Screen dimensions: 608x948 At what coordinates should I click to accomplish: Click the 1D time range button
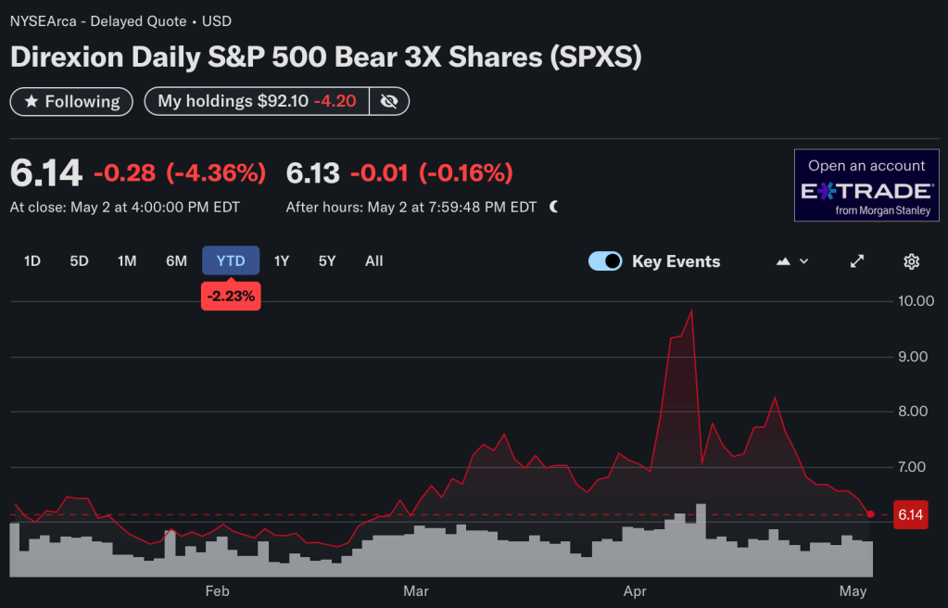pyautogui.click(x=32, y=261)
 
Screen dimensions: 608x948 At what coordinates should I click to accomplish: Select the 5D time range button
pyautogui.click(x=79, y=261)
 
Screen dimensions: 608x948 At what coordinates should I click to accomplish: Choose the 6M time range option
pyautogui.click(x=176, y=261)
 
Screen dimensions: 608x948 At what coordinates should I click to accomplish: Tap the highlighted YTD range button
pyautogui.click(x=231, y=261)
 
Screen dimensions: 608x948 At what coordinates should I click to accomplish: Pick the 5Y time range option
pyautogui.click(x=327, y=261)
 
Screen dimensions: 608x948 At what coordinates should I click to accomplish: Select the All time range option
pyautogui.click(x=373, y=261)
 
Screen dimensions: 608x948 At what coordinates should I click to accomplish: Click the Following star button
pyautogui.click(x=71, y=101)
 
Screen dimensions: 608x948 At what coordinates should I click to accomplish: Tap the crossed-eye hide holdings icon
pyautogui.click(x=389, y=101)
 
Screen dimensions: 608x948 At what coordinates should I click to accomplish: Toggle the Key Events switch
pyautogui.click(x=605, y=261)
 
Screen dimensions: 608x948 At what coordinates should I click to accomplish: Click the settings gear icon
pyautogui.click(x=911, y=261)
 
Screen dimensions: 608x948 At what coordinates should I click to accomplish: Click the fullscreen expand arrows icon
pyautogui.click(x=857, y=261)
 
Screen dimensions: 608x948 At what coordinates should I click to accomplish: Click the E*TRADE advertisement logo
pyautogui.click(x=866, y=191)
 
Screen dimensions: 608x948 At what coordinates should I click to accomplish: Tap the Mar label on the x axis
pyautogui.click(x=416, y=591)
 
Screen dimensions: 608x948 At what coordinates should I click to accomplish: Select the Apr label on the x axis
pyautogui.click(x=635, y=591)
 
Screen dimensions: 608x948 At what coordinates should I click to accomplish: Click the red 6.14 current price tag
pyautogui.click(x=910, y=514)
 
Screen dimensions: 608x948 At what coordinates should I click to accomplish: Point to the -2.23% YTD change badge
pyautogui.click(x=231, y=296)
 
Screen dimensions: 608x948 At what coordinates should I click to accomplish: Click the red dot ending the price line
pyautogui.click(x=870, y=513)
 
